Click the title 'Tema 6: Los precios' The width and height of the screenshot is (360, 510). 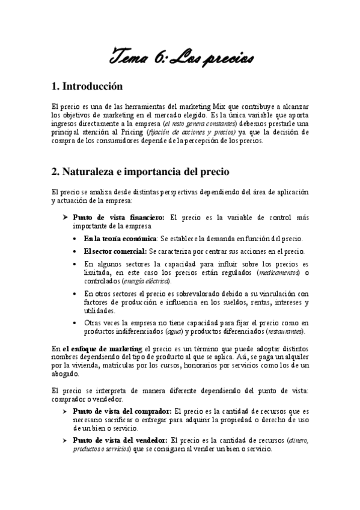[180, 58]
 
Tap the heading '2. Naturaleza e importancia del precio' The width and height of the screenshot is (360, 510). [140, 172]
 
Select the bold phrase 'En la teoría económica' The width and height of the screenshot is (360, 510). [111, 239]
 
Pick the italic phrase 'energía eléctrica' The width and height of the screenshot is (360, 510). [147, 281]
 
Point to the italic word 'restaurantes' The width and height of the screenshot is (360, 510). [285, 331]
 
